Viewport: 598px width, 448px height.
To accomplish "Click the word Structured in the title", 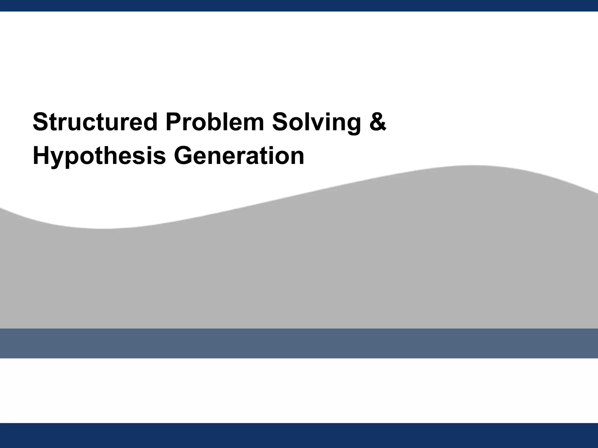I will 95,122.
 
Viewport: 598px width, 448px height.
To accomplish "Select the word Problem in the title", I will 215,122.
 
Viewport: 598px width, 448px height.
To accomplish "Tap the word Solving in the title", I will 317,122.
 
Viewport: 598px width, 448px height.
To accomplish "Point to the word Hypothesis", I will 99,156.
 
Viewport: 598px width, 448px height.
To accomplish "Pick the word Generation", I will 239,156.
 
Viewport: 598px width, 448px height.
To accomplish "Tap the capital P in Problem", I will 172,122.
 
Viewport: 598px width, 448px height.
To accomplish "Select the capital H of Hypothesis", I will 41,156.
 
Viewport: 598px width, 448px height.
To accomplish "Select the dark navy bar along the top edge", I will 299,6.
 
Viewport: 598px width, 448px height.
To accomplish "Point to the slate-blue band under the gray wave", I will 299,343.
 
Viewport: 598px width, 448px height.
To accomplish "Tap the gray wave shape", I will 299,262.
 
